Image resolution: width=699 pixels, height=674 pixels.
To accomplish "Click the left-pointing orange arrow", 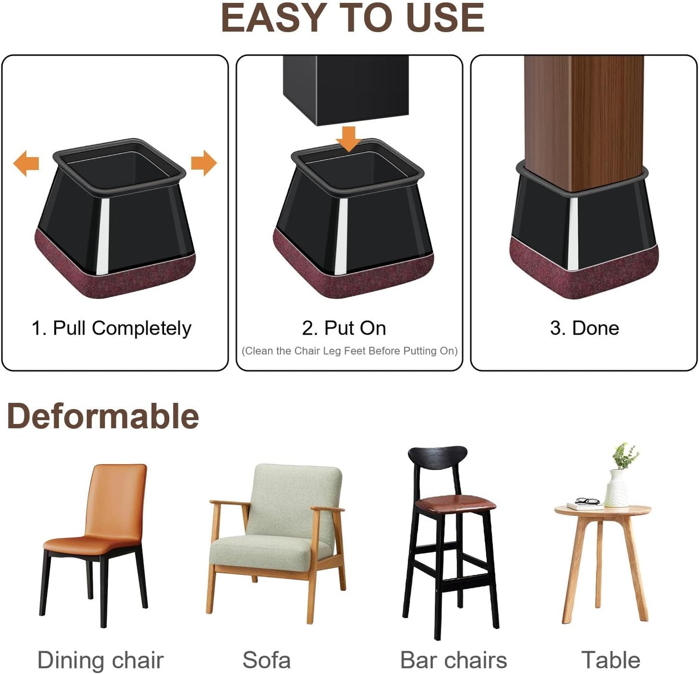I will (x=26, y=163).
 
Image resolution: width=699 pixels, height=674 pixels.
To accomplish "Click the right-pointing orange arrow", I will (x=204, y=163).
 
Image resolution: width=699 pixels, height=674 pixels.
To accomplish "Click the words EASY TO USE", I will (x=352, y=18).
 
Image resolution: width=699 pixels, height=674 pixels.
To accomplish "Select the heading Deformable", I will (x=103, y=416).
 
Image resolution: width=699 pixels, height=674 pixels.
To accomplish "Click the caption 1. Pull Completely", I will (x=111, y=328).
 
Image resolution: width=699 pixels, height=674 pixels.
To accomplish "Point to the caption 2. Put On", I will (x=344, y=328).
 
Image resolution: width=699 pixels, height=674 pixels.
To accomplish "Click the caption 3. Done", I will (x=584, y=328).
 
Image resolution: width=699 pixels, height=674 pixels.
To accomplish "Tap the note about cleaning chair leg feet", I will (x=349, y=351).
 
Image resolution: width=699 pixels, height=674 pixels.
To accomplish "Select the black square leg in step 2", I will (x=346, y=89).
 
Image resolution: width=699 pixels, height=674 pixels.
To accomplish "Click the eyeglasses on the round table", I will (x=587, y=501).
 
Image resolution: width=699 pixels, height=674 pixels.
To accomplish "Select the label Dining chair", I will (x=101, y=660).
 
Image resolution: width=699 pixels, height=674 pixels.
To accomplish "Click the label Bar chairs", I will (x=453, y=660).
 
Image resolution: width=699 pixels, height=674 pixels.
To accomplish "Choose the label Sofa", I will (x=267, y=660).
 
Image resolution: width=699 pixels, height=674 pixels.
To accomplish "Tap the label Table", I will (x=610, y=660).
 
